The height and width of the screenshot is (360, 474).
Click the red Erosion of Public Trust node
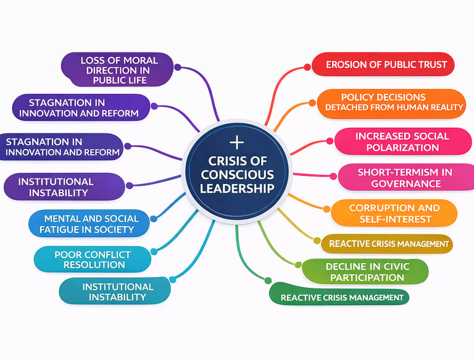pyautogui.click(x=383, y=64)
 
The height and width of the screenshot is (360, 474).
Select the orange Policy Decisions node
pyautogui.click(x=391, y=104)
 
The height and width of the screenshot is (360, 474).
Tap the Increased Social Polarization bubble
pyautogui.click(x=403, y=141)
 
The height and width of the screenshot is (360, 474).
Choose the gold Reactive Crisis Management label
pyautogui.click(x=387, y=243)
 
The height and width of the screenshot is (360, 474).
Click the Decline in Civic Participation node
pyautogui.click(x=365, y=272)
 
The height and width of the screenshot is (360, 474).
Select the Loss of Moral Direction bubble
pyautogui.click(x=117, y=70)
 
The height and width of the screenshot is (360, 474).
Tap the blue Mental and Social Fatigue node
pyautogui.click(x=89, y=224)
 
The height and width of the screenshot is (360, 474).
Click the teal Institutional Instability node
pyautogui.click(x=115, y=291)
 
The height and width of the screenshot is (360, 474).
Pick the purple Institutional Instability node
pyautogui.click(x=64, y=186)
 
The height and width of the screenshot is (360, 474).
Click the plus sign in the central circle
pyautogui.click(x=237, y=143)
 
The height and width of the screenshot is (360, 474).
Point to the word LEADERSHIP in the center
pyautogui.click(x=237, y=188)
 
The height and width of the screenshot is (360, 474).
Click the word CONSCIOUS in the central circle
pyautogui.click(x=237, y=175)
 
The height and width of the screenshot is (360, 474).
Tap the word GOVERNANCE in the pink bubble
pyautogui.click(x=406, y=183)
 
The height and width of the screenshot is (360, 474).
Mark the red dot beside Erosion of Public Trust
pyautogui.click(x=307, y=67)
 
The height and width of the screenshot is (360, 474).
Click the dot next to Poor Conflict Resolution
pyautogui.click(x=154, y=251)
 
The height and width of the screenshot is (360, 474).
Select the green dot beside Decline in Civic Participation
pyautogui.click(x=298, y=265)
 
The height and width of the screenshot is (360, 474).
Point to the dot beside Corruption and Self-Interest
pyautogui.click(x=326, y=209)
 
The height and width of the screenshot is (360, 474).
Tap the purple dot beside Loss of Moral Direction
pyautogui.click(x=178, y=67)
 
